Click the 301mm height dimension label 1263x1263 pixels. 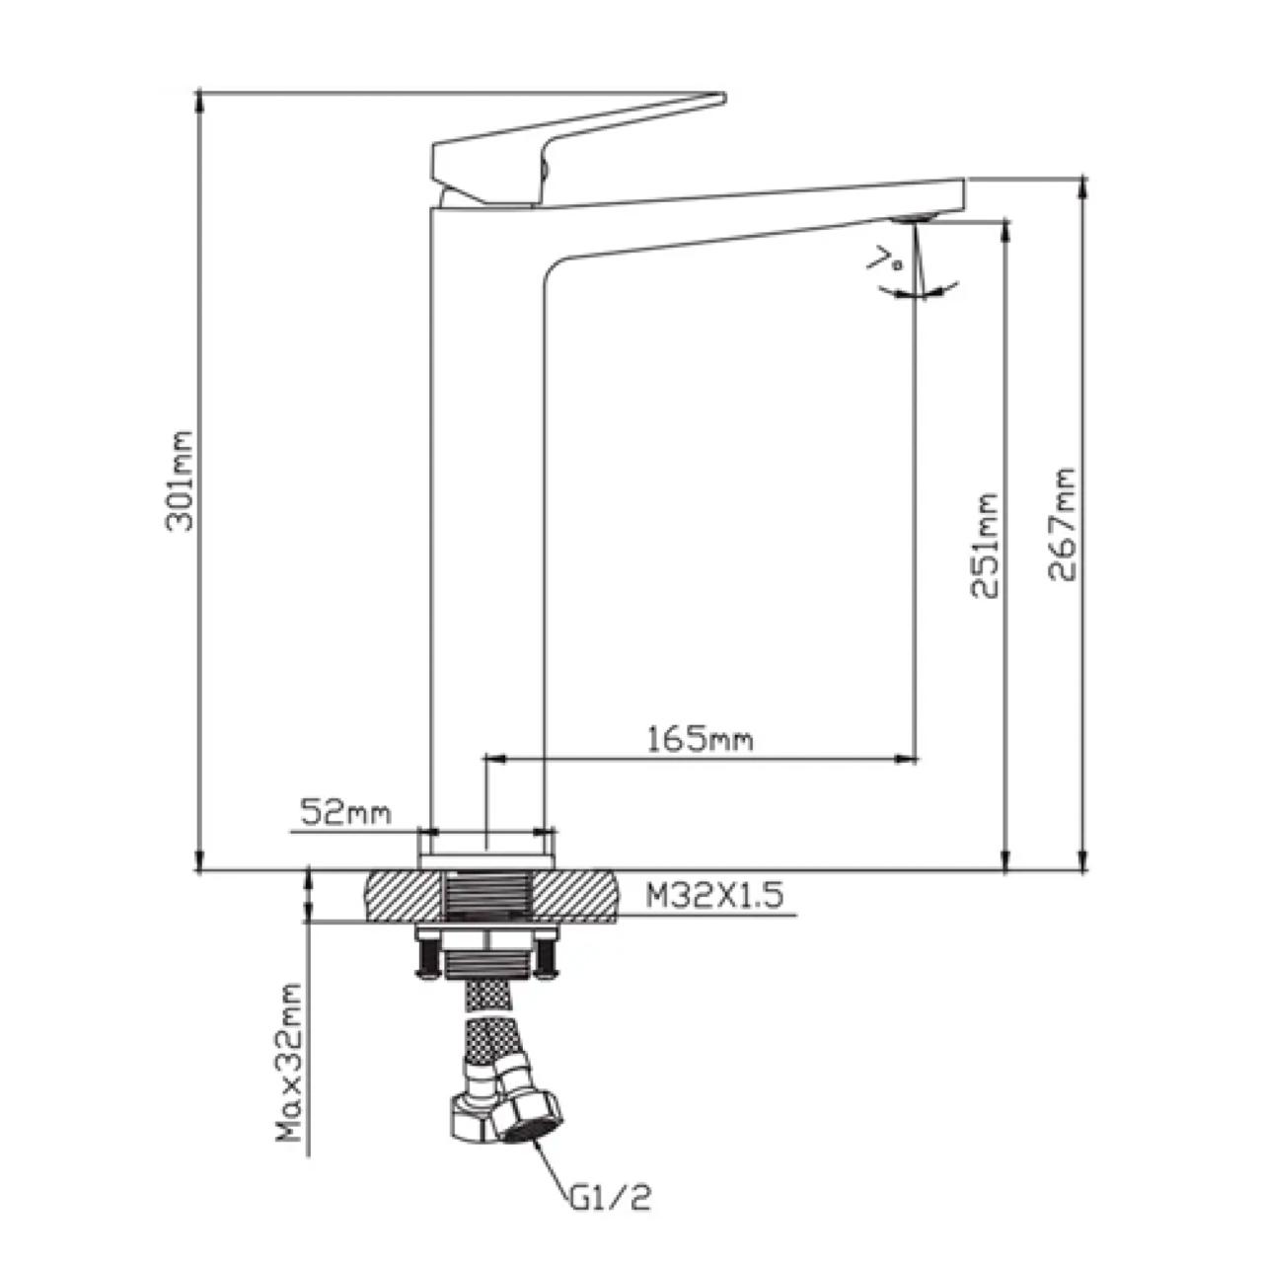point(179,482)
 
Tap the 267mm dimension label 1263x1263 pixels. point(1062,525)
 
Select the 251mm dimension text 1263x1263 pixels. point(984,546)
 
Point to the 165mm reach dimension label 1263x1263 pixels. point(700,740)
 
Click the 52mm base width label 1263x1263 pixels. point(345,813)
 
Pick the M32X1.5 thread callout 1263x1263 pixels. point(714,896)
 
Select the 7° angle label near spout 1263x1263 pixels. point(885,260)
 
